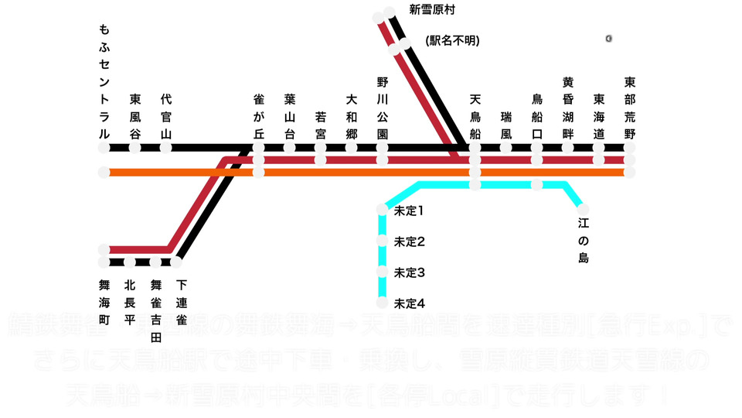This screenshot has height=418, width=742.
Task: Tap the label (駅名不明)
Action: (x=452, y=40)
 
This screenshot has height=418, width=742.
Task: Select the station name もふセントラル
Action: (x=104, y=81)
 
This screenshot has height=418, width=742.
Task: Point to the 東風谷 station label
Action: (x=135, y=116)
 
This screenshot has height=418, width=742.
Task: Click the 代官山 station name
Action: (x=165, y=116)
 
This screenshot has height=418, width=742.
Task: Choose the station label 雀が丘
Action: (x=259, y=116)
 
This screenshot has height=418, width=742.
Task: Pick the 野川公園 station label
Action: (x=382, y=108)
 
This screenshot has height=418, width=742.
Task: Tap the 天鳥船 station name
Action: (x=475, y=116)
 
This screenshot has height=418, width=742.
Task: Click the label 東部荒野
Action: (x=630, y=108)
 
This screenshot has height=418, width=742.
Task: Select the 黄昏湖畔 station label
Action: (x=568, y=108)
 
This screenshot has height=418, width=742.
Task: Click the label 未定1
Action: (x=410, y=210)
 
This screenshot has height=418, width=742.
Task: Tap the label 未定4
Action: (x=410, y=303)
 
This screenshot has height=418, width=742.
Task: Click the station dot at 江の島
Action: (x=583, y=209)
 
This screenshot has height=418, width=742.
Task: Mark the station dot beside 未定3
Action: (x=382, y=272)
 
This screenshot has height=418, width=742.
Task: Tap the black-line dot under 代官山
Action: (x=165, y=147)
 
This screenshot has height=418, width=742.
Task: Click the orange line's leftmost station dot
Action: (x=104, y=172)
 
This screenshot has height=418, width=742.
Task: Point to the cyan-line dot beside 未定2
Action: (x=382, y=241)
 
